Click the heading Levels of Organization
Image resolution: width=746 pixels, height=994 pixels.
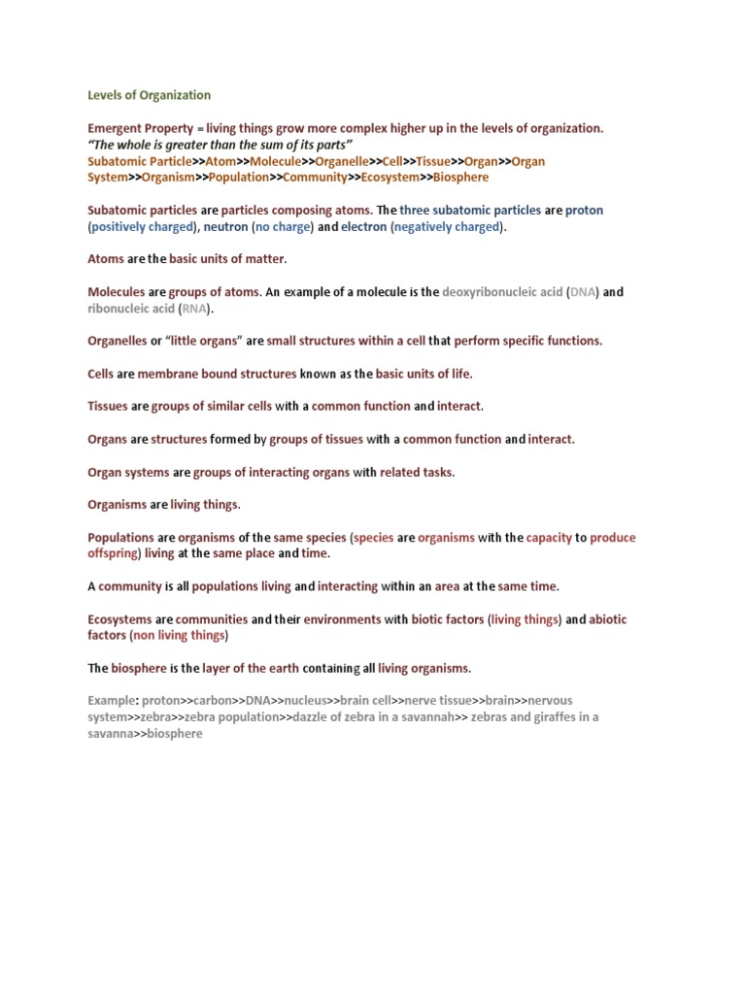(x=149, y=95)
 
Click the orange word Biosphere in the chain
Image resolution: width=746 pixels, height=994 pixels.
(x=461, y=178)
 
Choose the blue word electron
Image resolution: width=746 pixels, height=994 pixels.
(x=363, y=227)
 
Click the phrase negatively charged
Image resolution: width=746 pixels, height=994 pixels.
(x=448, y=227)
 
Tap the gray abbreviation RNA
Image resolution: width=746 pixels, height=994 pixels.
(x=194, y=309)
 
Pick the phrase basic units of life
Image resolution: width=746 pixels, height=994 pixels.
(x=423, y=374)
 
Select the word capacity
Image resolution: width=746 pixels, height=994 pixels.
(x=549, y=538)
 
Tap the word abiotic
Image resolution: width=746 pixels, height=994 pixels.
(x=608, y=619)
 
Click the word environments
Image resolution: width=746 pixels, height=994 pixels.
(x=342, y=619)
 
